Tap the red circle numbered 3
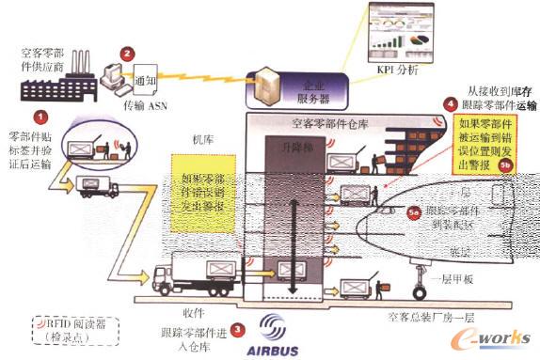coord(238,330)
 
